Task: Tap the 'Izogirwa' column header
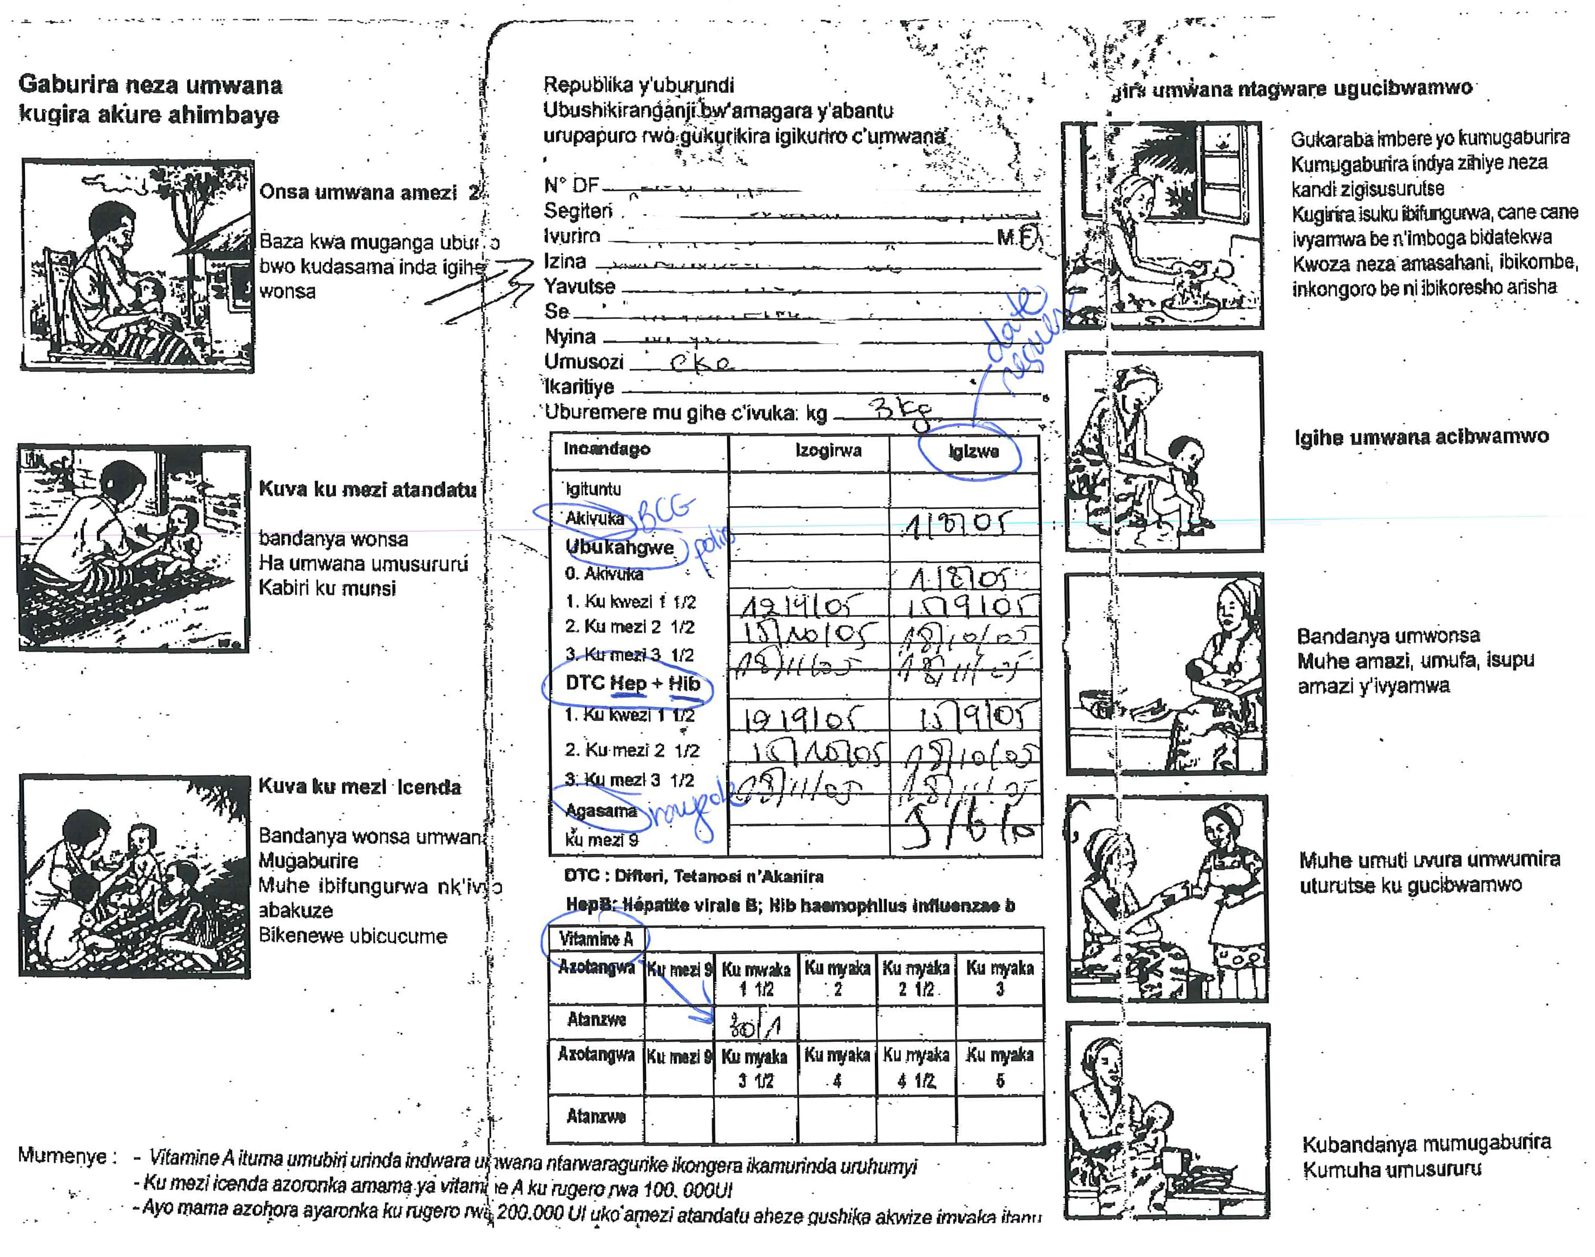coord(828,450)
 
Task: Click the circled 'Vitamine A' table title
coord(596,939)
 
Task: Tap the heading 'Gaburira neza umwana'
coord(150,85)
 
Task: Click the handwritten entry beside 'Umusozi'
coord(702,363)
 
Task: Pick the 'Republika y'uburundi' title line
coord(638,85)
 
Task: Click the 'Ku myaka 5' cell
coord(999,1068)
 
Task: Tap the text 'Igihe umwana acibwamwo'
coord(1421,436)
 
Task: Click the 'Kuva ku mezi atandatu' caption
coord(367,489)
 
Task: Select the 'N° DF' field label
coord(571,185)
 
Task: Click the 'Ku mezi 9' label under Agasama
coord(602,840)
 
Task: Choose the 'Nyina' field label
coord(569,336)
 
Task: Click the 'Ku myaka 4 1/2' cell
coord(916,1068)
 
